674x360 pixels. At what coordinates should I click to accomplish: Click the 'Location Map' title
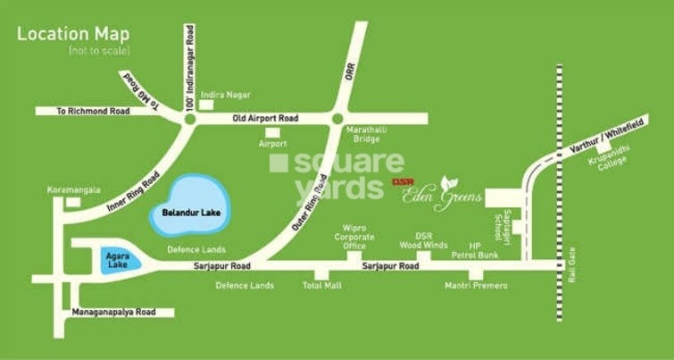(73, 35)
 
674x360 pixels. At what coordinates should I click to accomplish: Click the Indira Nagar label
(226, 95)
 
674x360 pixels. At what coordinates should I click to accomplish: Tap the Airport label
(272, 144)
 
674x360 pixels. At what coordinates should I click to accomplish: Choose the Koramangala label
(73, 189)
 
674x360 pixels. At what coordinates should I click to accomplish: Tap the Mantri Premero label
(476, 286)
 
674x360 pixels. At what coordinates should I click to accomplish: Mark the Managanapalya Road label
(113, 312)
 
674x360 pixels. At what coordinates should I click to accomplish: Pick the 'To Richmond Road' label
(93, 112)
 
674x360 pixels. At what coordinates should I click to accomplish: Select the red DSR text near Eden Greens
(404, 181)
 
